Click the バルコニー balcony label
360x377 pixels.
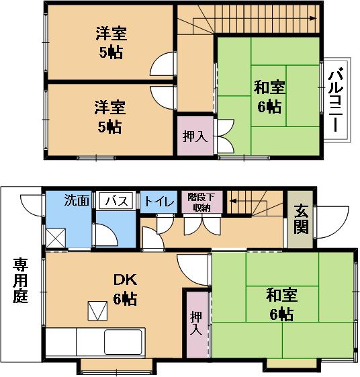coord(336,100)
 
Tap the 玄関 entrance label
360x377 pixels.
coord(301,219)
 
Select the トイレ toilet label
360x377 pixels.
coord(159,202)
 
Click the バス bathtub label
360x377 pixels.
coord(117,201)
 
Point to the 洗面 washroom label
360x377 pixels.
coord(77,200)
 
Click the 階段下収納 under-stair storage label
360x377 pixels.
coord(201,202)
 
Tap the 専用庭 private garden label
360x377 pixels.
coord(20,280)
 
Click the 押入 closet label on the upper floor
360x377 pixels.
coord(195,136)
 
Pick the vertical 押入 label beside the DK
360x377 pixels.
coord(196,323)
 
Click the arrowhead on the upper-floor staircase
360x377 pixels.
coord(313,18)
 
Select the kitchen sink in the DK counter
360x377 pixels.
coord(123,342)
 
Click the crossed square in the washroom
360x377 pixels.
coord(56,238)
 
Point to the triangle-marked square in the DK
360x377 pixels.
coord(97,310)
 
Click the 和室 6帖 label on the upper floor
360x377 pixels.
coord(269,97)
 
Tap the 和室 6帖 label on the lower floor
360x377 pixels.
coord(281,304)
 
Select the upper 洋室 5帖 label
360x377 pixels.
coord(111,43)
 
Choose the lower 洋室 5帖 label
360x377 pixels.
coord(110,118)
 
